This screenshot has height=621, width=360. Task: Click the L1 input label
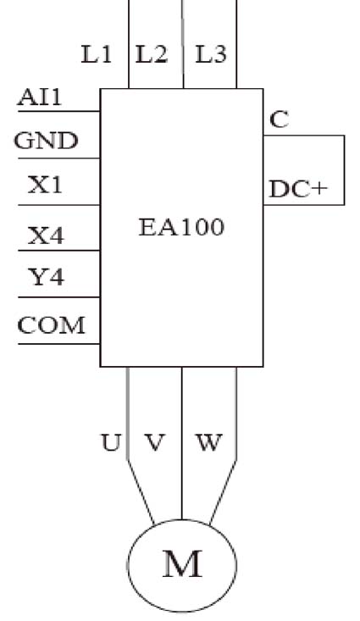97,54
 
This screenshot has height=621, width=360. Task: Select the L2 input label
152,54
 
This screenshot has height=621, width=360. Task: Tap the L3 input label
211,54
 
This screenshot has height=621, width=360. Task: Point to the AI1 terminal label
40,97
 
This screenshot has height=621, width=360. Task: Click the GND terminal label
46,141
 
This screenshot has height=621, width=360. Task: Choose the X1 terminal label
45,185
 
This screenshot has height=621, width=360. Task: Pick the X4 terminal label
46,236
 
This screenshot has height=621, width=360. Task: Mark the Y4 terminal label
46,276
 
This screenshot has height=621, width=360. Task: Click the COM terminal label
51,324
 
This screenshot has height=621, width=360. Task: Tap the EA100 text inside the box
181,227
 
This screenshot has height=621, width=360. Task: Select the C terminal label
280,119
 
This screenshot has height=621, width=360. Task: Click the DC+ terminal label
298,189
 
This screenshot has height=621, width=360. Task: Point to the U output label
110,442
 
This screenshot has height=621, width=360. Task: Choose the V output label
154,442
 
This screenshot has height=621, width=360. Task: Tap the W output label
208,442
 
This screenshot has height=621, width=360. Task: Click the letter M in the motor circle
183,564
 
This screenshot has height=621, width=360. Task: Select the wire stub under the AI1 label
59,111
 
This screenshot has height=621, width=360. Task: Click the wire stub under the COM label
59,344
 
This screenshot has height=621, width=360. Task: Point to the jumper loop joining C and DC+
344,170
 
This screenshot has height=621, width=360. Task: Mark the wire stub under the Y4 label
59,297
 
